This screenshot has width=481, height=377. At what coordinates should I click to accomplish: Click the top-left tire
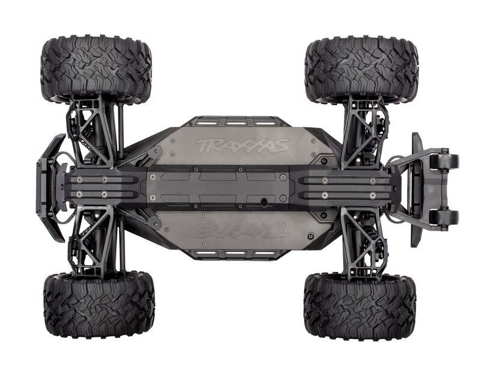tap(96, 68)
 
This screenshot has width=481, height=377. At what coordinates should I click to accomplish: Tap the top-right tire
tap(362, 69)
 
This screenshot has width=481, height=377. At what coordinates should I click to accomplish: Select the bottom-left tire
tap(99, 305)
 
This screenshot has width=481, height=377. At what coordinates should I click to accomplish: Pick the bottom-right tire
tap(360, 307)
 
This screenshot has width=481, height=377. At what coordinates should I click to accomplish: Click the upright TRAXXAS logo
tap(242, 145)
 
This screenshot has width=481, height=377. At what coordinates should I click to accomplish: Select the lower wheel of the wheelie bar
tap(444, 218)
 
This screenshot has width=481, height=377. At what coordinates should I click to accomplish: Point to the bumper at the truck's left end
tap(51, 188)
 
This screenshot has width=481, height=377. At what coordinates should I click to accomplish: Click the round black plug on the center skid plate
tap(263, 201)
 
